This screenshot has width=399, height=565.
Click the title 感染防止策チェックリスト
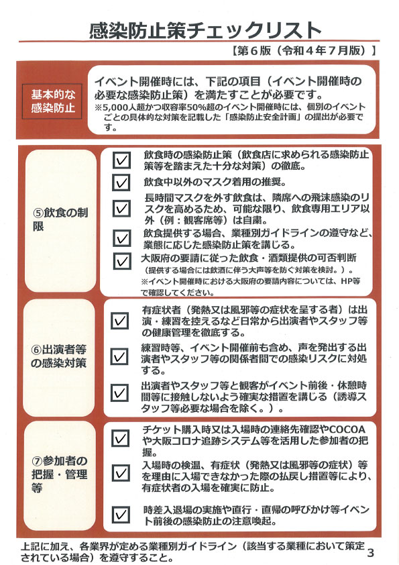click(199, 30)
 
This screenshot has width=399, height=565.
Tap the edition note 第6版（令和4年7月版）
click(301, 50)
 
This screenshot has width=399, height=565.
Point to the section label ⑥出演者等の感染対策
click(60, 356)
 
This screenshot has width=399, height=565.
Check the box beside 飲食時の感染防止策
click(121, 160)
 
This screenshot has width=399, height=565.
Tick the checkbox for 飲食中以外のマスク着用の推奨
click(121, 183)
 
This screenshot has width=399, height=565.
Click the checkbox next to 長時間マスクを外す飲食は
click(121, 209)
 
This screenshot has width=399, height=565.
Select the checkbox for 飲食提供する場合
click(121, 238)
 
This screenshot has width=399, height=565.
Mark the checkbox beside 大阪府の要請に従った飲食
click(121, 260)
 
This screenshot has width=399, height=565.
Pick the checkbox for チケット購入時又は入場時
click(121, 438)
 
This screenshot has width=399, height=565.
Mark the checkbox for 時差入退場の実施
click(121, 514)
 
